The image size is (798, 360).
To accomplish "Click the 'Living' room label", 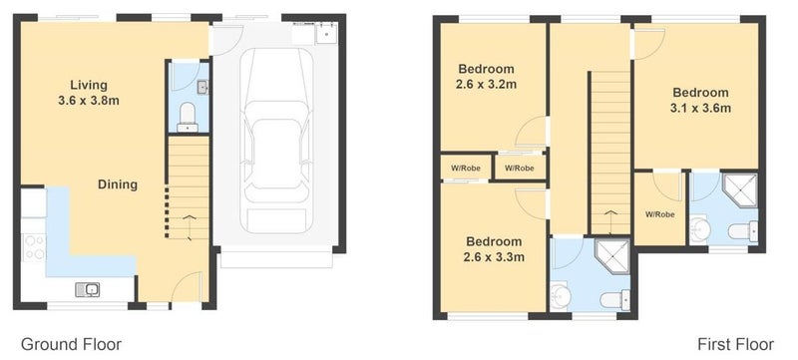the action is point(89,85).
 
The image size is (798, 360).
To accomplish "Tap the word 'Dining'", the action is point(118,184).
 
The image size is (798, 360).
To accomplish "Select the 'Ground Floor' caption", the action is point(71,344).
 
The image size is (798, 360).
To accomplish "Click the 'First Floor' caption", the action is point(735,344).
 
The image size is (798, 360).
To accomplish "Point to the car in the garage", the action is point(276,141).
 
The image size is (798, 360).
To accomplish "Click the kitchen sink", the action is point(88,290).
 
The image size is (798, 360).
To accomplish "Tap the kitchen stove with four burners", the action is point(34,247).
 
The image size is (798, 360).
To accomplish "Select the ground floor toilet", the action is point(188,118).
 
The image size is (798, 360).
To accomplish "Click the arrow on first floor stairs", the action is point(609,218).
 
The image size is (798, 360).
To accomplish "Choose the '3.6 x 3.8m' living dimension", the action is point(89,101).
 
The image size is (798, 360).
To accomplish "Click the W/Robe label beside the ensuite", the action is point(660,214).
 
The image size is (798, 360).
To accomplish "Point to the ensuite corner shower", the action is point(739,189).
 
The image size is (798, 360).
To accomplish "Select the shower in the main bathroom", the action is point(612,255).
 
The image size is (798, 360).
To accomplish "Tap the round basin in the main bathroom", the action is point(561,296).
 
